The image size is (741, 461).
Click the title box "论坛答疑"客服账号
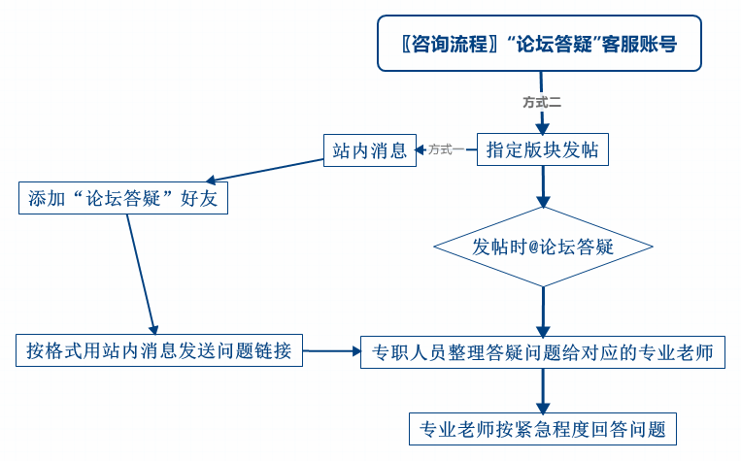click(x=539, y=44)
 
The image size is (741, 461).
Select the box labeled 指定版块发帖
click(x=542, y=149)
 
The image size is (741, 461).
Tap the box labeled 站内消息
click(x=369, y=149)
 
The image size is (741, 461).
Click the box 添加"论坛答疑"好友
click(x=123, y=198)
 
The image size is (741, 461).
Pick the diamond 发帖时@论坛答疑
click(x=542, y=247)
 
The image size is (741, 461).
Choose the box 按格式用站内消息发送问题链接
click(x=159, y=350)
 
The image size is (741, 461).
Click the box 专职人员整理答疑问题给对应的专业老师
click(x=542, y=352)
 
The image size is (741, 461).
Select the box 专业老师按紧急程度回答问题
click(x=542, y=428)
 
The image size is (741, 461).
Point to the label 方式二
click(x=542, y=101)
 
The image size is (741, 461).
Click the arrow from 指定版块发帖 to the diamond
click(x=542, y=186)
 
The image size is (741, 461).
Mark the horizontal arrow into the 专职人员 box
click(x=331, y=351)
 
